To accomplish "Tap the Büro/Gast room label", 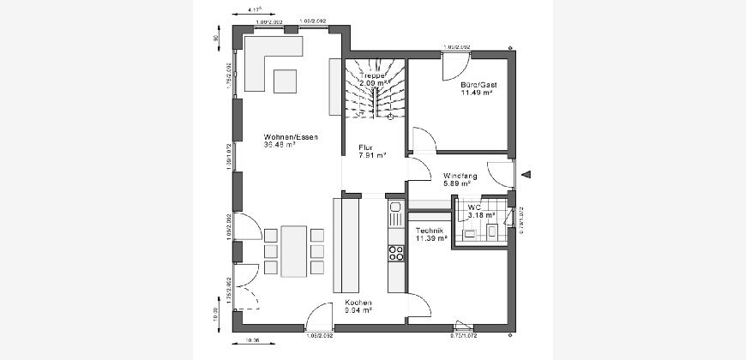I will (x=478, y=86).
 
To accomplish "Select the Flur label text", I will (x=365, y=147).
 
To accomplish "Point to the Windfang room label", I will (x=460, y=176).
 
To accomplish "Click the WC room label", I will (x=474, y=207).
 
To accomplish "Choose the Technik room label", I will (x=429, y=231).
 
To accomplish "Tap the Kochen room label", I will (x=358, y=303).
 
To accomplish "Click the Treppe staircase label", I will (x=372, y=75).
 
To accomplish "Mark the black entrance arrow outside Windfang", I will (x=526, y=175).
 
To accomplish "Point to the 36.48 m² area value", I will (x=280, y=145).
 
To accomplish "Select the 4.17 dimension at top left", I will (x=254, y=9).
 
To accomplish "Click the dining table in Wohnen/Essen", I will (x=292, y=249).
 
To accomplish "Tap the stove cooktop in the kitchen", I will (x=396, y=253).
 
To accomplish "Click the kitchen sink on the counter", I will (x=395, y=207).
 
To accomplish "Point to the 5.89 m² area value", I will (x=457, y=183).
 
